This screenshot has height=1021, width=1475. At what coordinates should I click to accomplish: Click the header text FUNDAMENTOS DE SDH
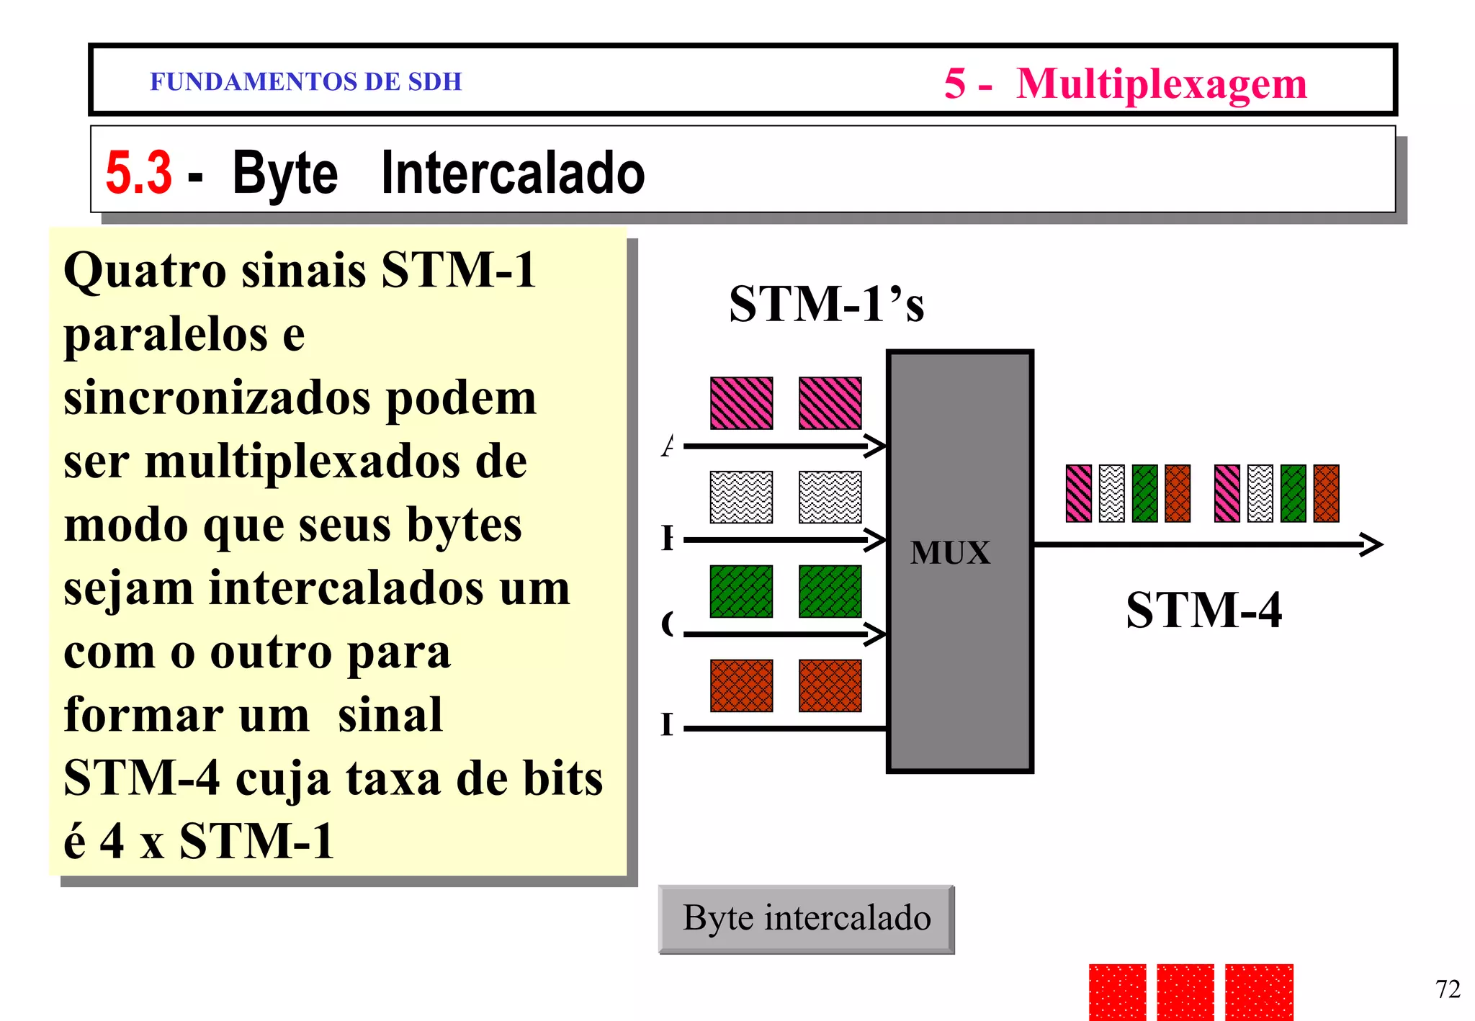click(305, 81)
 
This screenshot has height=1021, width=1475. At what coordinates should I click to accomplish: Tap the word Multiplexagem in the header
click(1161, 84)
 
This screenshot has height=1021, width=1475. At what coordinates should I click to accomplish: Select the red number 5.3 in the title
click(138, 173)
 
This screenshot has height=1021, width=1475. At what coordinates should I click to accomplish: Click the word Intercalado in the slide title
click(512, 173)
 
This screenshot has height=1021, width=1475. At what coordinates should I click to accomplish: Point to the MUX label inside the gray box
click(950, 553)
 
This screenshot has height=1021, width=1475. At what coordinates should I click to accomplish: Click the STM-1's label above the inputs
click(826, 304)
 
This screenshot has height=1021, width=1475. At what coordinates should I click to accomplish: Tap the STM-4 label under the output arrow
click(1203, 610)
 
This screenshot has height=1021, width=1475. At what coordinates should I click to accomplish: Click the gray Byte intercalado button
click(806, 919)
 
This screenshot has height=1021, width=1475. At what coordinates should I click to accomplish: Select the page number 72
click(1448, 989)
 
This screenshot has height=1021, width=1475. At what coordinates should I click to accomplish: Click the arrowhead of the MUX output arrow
click(1373, 544)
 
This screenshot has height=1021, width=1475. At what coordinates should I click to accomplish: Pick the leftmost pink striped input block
click(741, 403)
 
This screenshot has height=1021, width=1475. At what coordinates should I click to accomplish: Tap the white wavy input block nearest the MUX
click(830, 497)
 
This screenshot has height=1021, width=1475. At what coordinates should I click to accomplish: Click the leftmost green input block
click(741, 591)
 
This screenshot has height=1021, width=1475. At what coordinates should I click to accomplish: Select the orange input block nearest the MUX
click(830, 685)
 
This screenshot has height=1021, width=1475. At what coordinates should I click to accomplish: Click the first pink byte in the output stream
click(1078, 493)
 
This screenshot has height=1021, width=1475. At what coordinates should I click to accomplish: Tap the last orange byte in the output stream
click(1326, 493)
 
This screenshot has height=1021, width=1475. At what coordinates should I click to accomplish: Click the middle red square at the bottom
click(1185, 991)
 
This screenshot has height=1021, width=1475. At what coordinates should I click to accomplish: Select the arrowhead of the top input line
click(877, 446)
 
